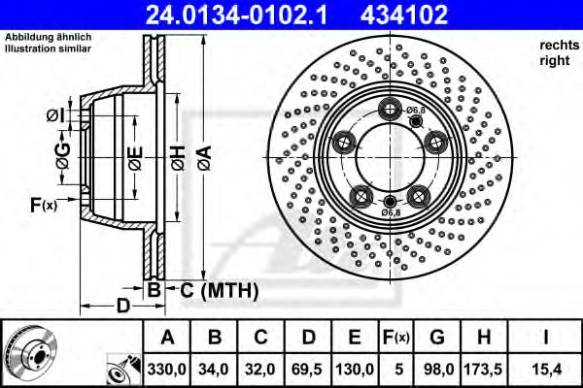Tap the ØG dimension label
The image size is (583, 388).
[62, 153]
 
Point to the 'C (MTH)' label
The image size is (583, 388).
[216, 289]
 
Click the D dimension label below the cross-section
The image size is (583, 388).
[122, 306]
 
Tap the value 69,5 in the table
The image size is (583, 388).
[309, 369]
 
